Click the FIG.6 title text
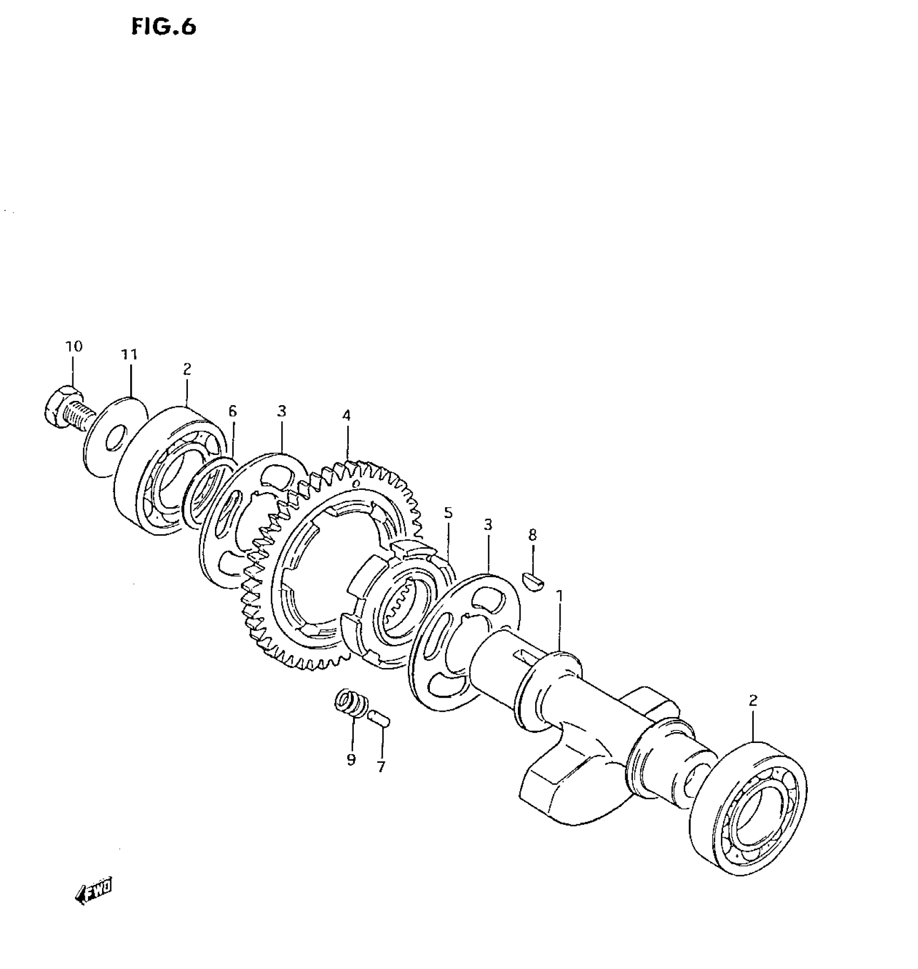(164, 27)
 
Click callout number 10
(74, 346)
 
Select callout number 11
(130, 354)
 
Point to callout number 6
(232, 412)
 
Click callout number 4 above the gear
(346, 415)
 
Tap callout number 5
(448, 513)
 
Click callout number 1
(560, 596)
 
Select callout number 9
(352, 760)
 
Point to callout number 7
(381, 767)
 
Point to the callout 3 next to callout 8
(488, 525)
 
